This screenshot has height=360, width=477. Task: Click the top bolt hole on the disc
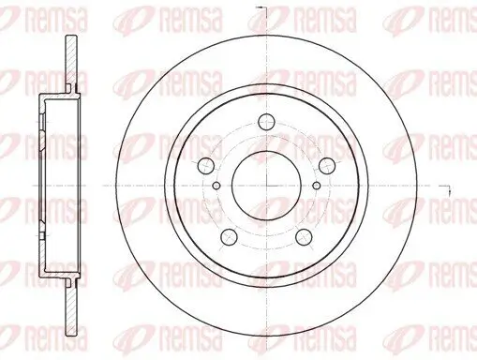click(x=266, y=119)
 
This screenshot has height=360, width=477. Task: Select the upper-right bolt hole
click(x=325, y=165)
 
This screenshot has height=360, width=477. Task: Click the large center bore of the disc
click(x=266, y=179)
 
